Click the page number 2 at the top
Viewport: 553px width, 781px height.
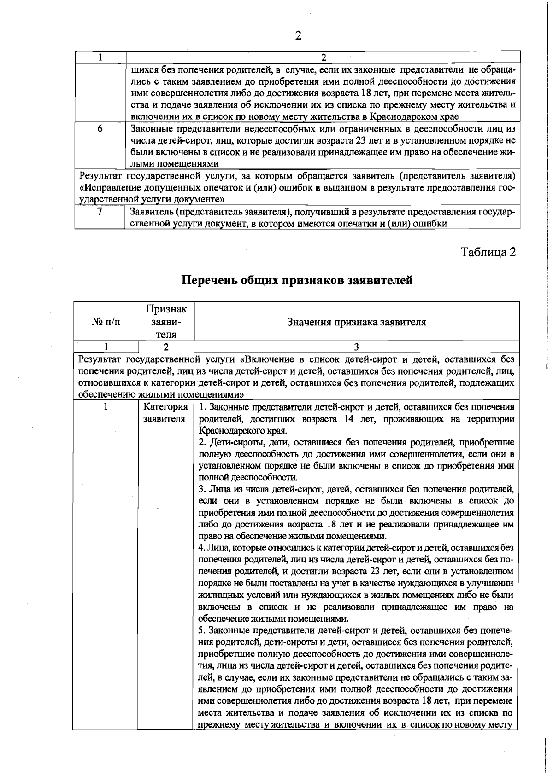298,36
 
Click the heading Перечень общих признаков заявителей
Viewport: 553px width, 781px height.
297,280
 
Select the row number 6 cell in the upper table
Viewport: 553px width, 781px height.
100,129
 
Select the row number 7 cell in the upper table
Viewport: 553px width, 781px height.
100,212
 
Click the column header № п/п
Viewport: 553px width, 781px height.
106,322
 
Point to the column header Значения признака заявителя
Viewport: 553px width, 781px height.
356,322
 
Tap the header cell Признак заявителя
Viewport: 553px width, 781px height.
166,322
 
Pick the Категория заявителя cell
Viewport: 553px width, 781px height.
165,413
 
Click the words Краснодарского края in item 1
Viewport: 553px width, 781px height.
242,431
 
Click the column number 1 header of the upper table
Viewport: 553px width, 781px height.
100,57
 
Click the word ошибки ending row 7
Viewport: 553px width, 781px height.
431,224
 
